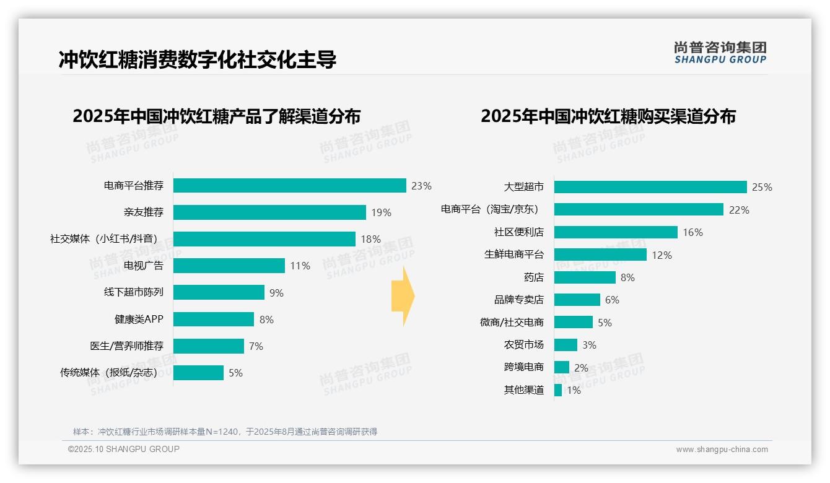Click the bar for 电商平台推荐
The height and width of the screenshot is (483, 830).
coord(289,186)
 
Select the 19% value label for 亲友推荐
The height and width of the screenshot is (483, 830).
coord(381,212)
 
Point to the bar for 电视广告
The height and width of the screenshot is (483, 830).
coord(229,266)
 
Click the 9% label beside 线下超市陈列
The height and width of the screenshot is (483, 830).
coord(276,293)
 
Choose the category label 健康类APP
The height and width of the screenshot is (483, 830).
coord(139,320)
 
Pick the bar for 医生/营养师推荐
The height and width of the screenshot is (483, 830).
coord(208,346)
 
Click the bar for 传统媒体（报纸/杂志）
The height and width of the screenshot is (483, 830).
coord(198,373)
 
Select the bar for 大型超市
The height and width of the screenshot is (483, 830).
coord(650,187)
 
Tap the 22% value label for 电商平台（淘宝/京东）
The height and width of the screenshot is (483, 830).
coord(739,210)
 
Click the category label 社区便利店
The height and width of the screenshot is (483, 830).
coord(518,232)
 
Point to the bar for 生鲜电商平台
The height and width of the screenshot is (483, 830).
coord(600,255)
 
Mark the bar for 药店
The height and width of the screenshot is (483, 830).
coord(585,277)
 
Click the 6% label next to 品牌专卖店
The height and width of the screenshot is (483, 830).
coord(612,300)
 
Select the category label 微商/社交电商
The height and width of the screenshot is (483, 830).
coord(512,323)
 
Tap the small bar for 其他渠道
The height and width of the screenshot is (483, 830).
coord(558,390)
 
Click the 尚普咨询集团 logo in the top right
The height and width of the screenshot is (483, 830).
coord(720,53)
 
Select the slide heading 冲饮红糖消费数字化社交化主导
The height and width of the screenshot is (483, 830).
coord(198,60)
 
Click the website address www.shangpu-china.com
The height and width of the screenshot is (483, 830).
coord(722,450)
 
